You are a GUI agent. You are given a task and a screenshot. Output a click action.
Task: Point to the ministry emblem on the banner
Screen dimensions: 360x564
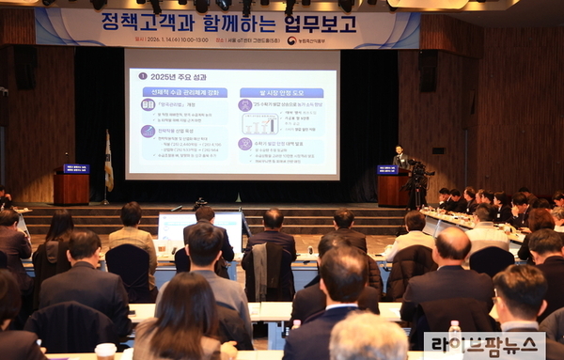tap(292, 40)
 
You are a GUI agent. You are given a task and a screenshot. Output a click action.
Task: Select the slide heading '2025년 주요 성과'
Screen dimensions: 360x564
tap(171, 75)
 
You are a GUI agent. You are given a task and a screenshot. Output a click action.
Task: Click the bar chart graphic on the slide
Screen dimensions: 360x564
tap(259, 123)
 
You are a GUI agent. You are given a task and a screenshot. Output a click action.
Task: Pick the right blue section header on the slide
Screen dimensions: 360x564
tap(281, 92)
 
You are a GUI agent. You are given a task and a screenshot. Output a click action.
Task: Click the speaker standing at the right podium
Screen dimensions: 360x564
tap(399, 158)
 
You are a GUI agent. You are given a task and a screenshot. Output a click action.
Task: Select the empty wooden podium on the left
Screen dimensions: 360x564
tap(71, 188)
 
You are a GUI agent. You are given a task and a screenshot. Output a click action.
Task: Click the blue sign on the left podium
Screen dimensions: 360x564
tap(75, 169)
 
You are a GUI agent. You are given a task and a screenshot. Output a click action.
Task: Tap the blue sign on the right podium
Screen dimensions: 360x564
tap(387, 170)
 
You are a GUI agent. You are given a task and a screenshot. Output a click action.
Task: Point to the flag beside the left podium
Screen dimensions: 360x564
tap(108, 162)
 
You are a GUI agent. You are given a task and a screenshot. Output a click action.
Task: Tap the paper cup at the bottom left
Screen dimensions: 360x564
tap(105, 351)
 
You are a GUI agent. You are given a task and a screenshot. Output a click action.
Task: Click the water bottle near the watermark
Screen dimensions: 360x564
tap(455, 335)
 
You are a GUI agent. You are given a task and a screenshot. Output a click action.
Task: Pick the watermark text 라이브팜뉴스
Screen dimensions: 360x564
tap(485, 344)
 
